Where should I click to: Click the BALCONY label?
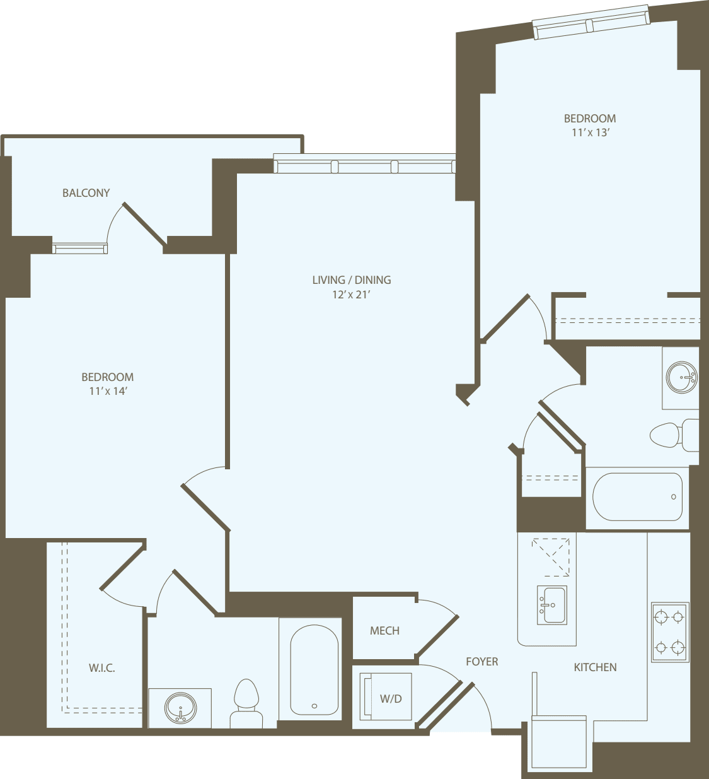pyautogui.click(x=86, y=193)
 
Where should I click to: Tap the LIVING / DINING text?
pyautogui.click(x=352, y=280)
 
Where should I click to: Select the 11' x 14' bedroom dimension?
pyautogui.click(x=108, y=391)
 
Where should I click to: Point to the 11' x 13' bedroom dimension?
pyautogui.click(x=590, y=132)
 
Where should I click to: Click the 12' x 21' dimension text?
pyautogui.click(x=351, y=295)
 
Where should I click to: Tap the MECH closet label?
pyautogui.click(x=384, y=631)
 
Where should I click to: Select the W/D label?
pyautogui.click(x=391, y=698)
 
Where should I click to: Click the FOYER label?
pyautogui.click(x=482, y=662)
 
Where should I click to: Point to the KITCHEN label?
pyautogui.click(x=595, y=667)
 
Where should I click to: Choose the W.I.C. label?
pyautogui.click(x=102, y=668)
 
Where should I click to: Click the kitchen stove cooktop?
pyautogui.click(x=669, y=632)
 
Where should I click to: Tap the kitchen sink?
pyautogui.click(x=551, y=605)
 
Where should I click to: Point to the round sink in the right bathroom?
pyautogui.click(x=681, y=377)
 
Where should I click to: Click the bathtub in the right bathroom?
pyautogui.click(x=637, y=497)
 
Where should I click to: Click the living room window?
pyautogui.click(x=364, y=165)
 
